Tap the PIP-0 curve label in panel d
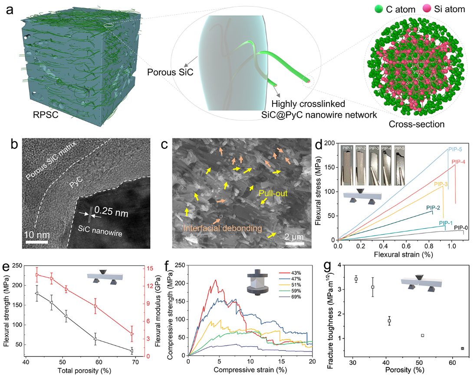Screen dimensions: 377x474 click(462, 227)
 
